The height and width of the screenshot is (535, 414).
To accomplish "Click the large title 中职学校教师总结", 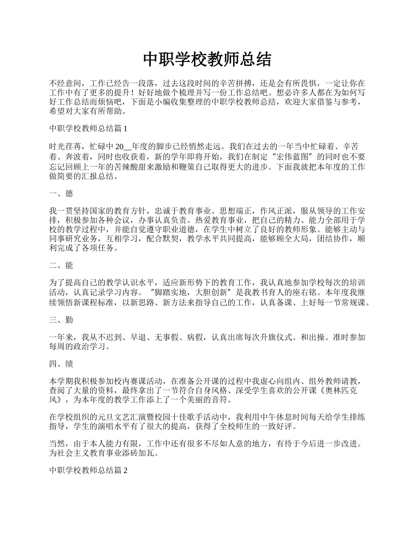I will [207, 60].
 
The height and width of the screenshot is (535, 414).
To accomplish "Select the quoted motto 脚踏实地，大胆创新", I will [191, 292].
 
